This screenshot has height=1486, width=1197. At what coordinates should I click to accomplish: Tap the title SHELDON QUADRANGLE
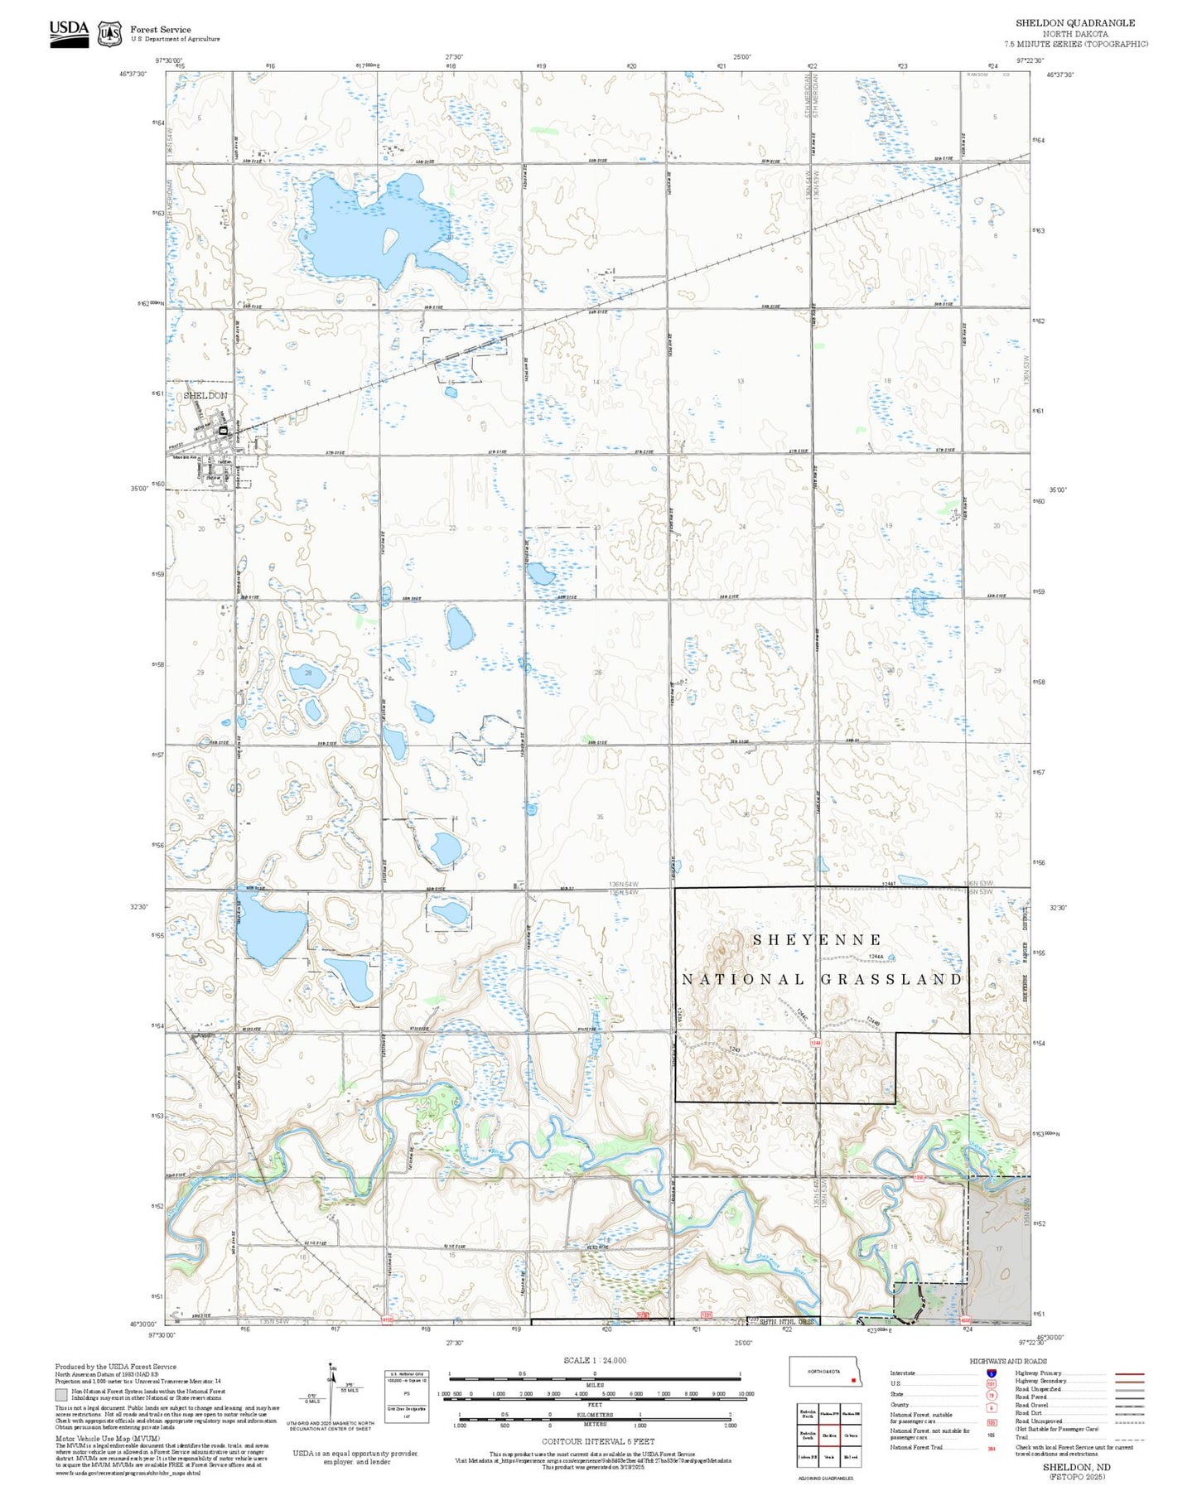[x=1075, y=23]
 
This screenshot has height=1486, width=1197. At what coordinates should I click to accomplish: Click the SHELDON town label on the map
[x=205, y=396]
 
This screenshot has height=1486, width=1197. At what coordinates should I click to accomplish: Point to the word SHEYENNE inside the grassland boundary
[x=818, y=939]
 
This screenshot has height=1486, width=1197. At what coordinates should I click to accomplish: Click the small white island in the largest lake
[x=389, y=240]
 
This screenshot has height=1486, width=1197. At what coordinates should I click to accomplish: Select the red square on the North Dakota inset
[x=852, y=1380]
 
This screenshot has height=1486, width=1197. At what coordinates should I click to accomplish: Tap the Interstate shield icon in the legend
[x=991, y=1373]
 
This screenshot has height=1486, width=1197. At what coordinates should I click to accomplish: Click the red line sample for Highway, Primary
[x=1130, y=1373]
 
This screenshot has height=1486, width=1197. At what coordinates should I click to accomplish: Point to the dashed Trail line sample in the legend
[x=1130, y=1440]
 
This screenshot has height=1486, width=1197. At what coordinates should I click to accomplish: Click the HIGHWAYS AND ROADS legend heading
[x=1008, y=1361]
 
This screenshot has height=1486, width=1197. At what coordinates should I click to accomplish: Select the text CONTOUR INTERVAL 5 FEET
[x=595, y=1441]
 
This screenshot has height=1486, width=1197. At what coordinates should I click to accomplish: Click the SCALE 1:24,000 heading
[x=595, y=1360]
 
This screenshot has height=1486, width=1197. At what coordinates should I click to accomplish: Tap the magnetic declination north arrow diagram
[x=331, y=1388]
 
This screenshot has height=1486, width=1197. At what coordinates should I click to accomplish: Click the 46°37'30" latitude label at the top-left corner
[x=132, y=74]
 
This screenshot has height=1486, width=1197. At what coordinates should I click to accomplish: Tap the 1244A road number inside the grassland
[x=876, y=957]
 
